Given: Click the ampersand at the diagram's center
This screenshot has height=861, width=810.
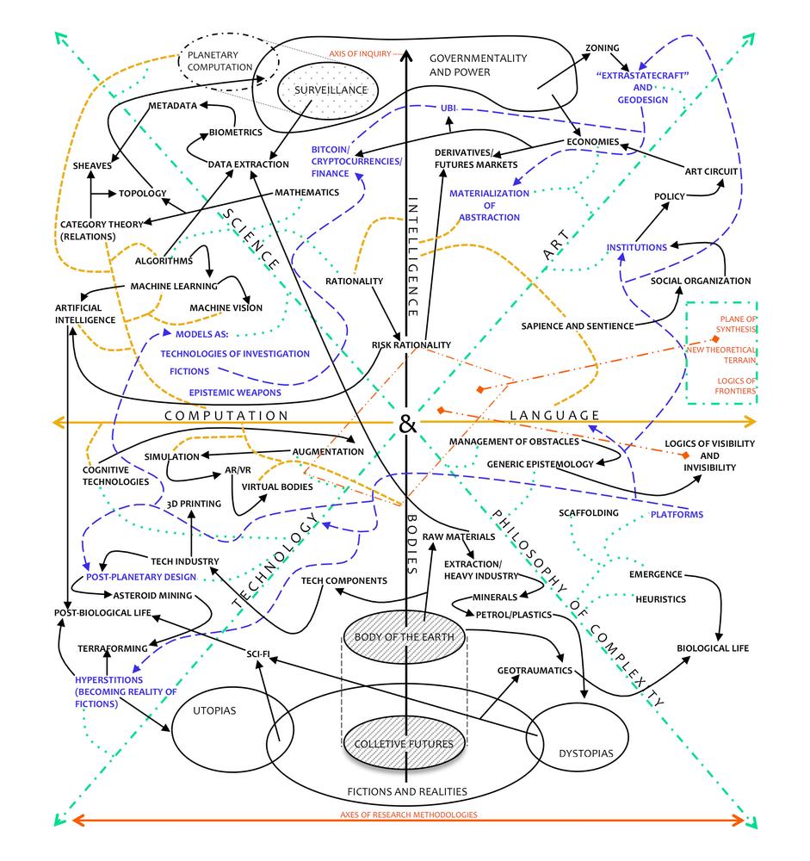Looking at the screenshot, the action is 407,424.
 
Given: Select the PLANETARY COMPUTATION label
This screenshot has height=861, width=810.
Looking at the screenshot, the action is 220,61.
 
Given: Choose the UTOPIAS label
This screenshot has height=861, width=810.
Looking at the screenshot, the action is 214,710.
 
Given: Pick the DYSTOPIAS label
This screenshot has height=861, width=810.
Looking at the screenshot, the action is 586,753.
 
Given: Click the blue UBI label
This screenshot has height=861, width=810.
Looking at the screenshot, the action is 448,108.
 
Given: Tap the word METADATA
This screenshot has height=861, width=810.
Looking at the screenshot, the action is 172,105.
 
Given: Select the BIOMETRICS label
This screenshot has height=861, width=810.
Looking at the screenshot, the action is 236,133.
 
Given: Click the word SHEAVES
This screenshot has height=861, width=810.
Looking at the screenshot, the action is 92,166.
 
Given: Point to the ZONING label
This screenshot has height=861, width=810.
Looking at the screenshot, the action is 602,47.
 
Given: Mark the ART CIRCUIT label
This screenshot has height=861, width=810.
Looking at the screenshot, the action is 711,171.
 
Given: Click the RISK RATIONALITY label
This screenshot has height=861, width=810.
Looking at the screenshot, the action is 411,345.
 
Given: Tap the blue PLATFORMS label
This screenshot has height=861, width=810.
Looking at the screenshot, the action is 677,515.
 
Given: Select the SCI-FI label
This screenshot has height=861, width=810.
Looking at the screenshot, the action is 258,654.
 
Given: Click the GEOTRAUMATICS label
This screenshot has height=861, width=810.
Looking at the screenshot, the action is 535,671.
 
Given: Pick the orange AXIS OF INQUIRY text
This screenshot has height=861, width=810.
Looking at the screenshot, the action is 361,53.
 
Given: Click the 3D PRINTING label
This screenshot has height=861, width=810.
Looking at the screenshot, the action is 194,504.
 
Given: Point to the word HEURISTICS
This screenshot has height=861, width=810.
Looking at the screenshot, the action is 660,599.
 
